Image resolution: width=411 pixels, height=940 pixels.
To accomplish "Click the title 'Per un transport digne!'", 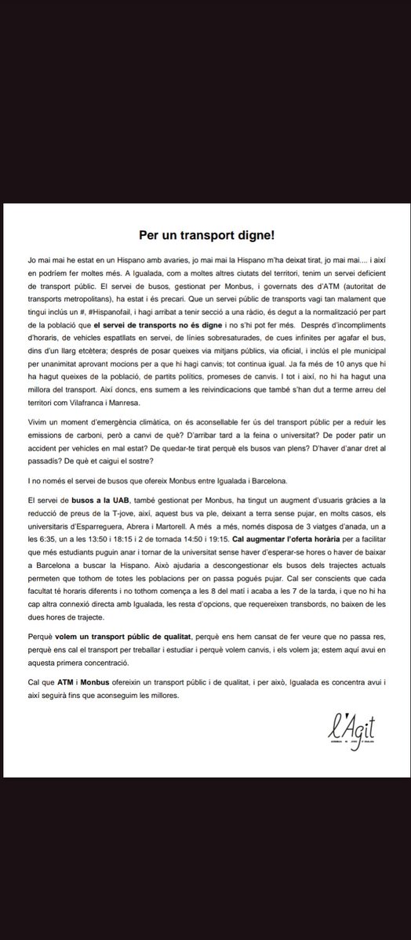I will (x=205, y=235).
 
